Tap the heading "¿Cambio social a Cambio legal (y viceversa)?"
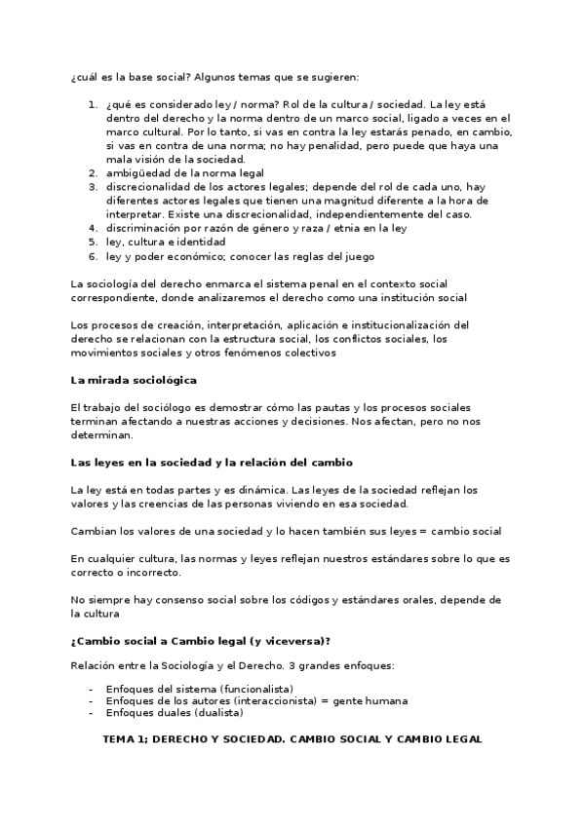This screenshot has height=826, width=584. [x=200, y=640]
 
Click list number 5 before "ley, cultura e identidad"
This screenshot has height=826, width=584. [x=93, y=242]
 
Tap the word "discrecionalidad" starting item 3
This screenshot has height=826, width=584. [x=150, y=186]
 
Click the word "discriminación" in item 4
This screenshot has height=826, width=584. [x=146, y=228]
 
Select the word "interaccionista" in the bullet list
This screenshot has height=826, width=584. [x=263, y=700]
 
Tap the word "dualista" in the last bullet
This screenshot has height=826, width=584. [x=212, y=713]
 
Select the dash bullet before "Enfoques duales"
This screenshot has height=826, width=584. [x=91, y=713]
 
